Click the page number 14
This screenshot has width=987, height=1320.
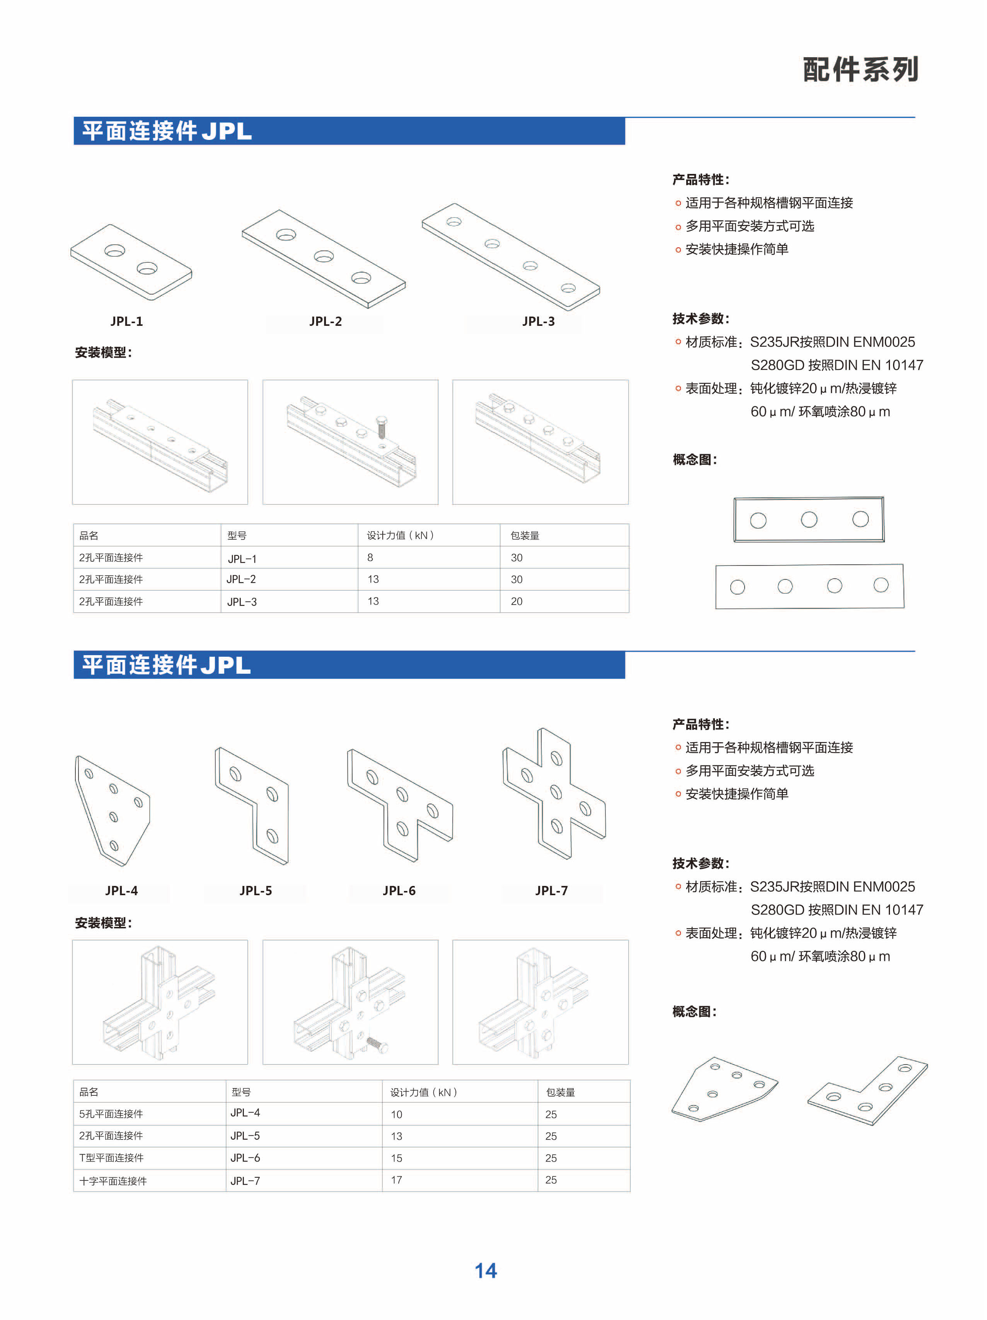(x=485, y=1271)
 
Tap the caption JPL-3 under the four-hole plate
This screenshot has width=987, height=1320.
(x=538, y=321)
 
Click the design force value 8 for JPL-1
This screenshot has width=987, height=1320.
(x=370, y=557)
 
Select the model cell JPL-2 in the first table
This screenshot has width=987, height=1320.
(x=241, y=579)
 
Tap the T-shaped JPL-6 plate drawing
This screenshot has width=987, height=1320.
(x=400, y=805)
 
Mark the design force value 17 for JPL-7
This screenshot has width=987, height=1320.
(x=396, y=1180)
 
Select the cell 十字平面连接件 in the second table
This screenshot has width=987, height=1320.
(x=113, y=1181)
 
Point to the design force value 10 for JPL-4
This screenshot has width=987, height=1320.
(x=396, y=1114)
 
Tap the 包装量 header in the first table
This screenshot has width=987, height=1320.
(x=525, y=535)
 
